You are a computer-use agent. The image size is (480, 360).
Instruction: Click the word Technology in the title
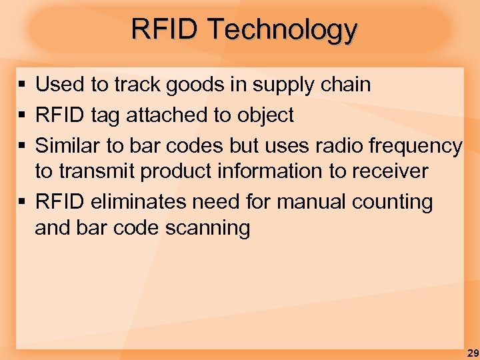pyautogui.click(x=282, y=30)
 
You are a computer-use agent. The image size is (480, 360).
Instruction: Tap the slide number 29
pyautogui.click(x=472, y=353)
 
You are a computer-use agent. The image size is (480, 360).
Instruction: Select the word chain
pyautogui.click(x=345, y=85)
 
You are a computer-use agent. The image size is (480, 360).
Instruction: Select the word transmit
pyautogui.click(x=107, y=171)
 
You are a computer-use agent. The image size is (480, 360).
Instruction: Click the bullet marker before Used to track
pyautogui.click(x=22, y=85)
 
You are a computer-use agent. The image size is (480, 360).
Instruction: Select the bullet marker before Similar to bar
pyautogui.click(x=22, y=145)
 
